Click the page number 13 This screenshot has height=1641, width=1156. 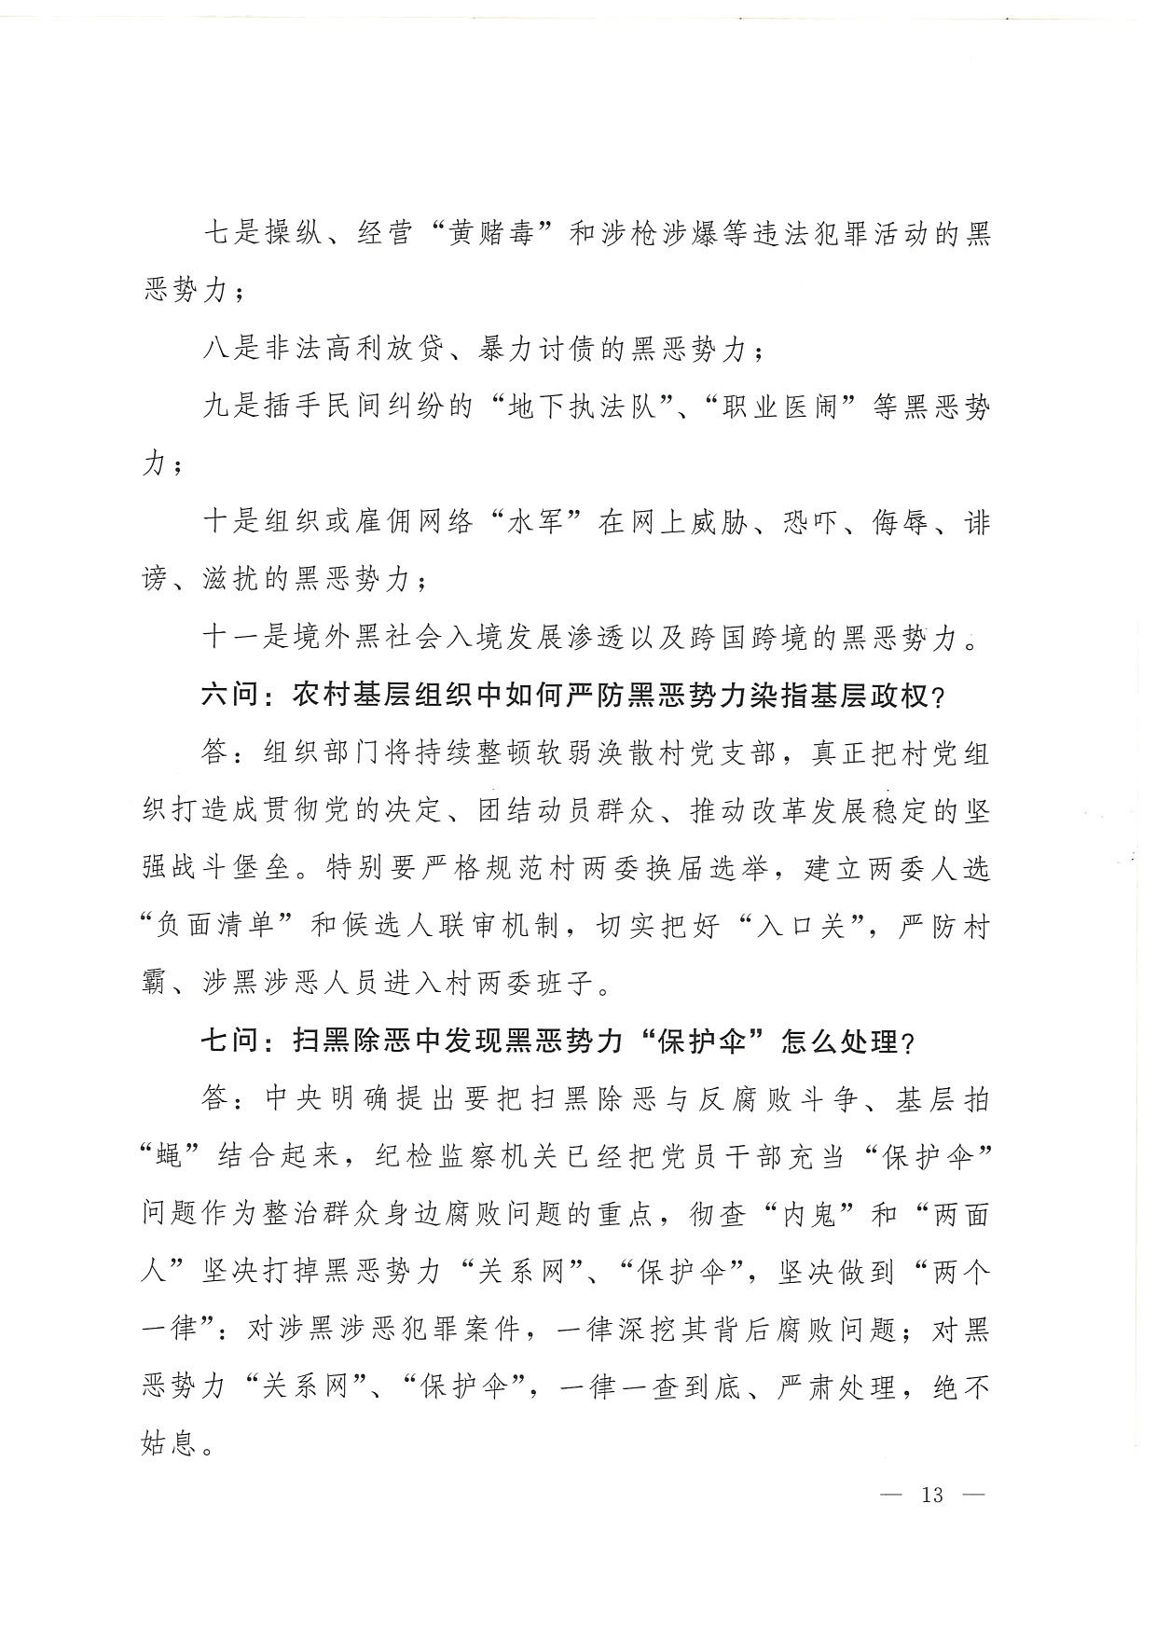pos(931,1495)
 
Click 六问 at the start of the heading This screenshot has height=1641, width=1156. pos(227,696)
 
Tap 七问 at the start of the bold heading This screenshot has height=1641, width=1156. pos(227,1041)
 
